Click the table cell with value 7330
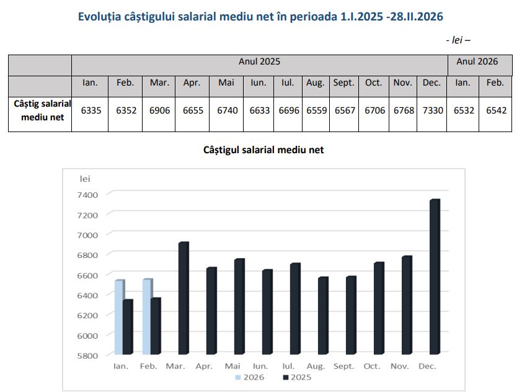[431, 110]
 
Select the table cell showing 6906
[159, 110]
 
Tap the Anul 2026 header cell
[477, 61]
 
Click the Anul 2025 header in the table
[259, 61]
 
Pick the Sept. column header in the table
[343, 82]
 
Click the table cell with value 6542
[495, 110]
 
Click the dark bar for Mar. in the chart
[183, 298]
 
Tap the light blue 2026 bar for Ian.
[119, 317]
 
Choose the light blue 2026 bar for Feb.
[147, 316]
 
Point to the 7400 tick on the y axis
[88, 195]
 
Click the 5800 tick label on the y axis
[88, 355]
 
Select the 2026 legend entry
[251, 377]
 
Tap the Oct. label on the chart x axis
[372, 367]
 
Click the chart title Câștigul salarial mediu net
[263, 150]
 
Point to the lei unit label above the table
[457, 40]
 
